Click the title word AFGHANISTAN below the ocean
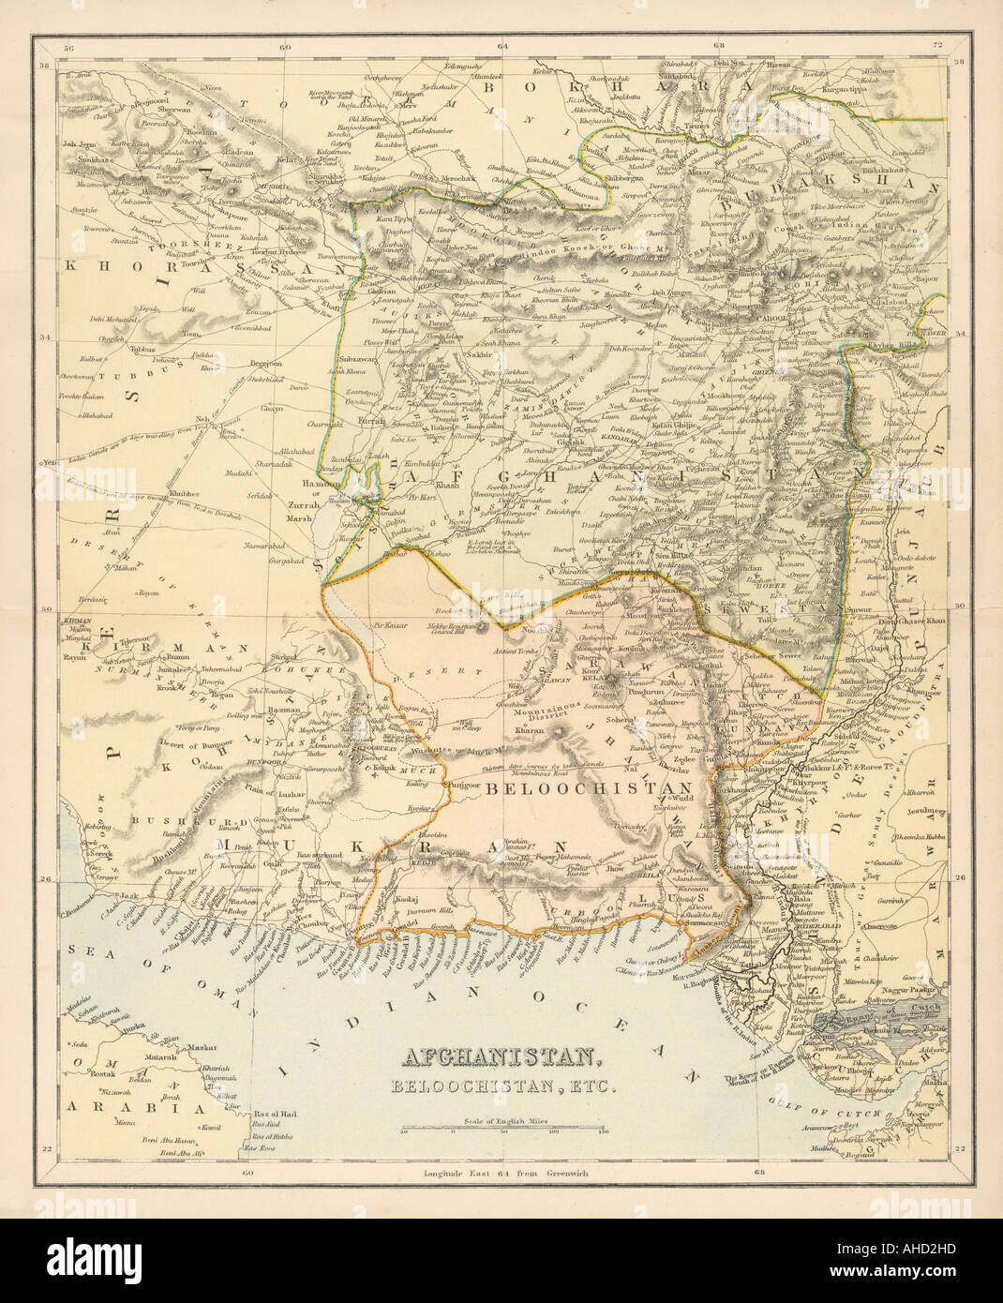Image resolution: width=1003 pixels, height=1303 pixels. [x=501, y=1059]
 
